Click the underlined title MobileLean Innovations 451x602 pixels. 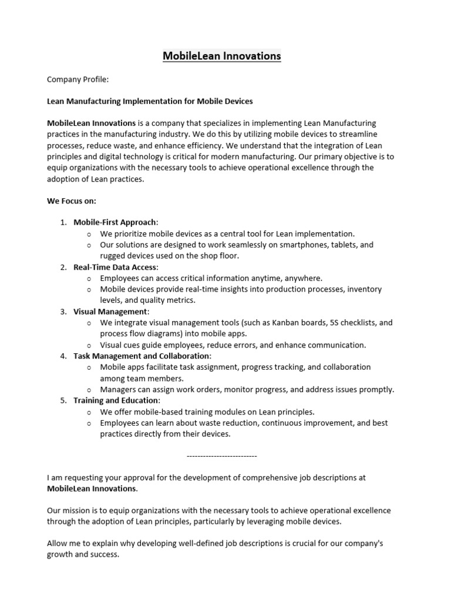coord(221,56)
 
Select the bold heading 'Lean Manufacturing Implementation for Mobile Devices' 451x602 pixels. coord(150,101)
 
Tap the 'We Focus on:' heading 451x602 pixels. coord(71,200)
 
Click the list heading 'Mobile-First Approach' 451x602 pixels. coord(115,222)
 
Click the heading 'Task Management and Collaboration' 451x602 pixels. coord(142,356)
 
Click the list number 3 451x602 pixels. coord(63,312)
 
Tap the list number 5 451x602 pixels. coord(63,401)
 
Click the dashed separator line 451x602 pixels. coord(221,456)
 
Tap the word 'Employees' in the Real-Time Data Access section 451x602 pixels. coord(120,278)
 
